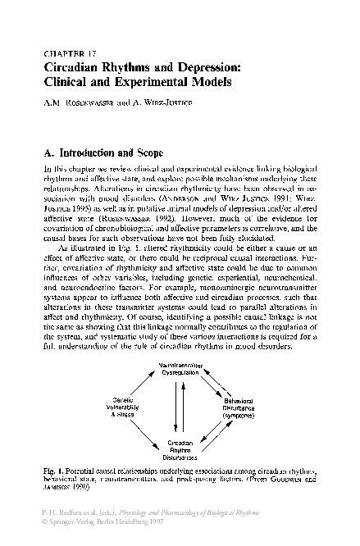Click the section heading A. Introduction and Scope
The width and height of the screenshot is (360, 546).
click(x=101, y=152)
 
